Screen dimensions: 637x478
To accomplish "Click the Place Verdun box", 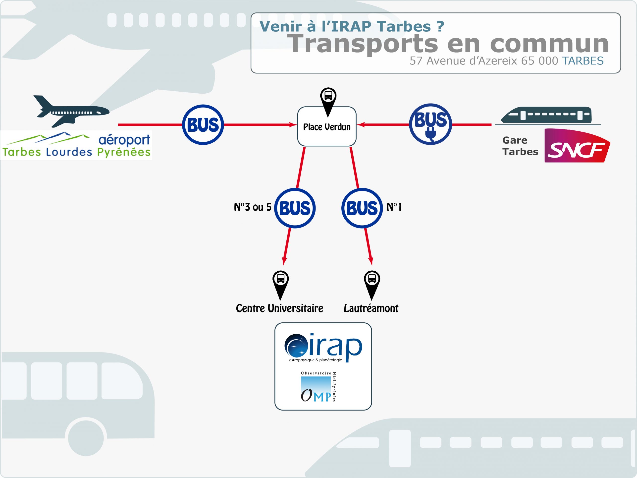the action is (327, 126).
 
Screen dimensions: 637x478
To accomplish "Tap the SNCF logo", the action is (577, 145).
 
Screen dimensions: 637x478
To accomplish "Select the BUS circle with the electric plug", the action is (430, 124).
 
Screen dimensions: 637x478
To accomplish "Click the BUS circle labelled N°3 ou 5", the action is (295, 208).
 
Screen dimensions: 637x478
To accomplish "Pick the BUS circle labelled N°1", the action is (362, 208).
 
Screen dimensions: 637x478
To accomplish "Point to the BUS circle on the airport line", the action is (203, 125).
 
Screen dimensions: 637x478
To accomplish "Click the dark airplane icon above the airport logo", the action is (71, 111).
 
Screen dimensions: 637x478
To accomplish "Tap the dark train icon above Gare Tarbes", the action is (546, 115).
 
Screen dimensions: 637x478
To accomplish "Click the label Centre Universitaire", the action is (279, 308).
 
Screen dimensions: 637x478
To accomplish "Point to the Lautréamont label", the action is (371, 308).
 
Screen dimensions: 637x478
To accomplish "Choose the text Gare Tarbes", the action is (520, 146).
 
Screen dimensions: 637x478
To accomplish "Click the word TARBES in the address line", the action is (583, 61).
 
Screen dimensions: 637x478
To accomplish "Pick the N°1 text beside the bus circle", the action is (394, 207).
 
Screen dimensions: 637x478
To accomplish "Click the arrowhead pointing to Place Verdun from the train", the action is (361, 124).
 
